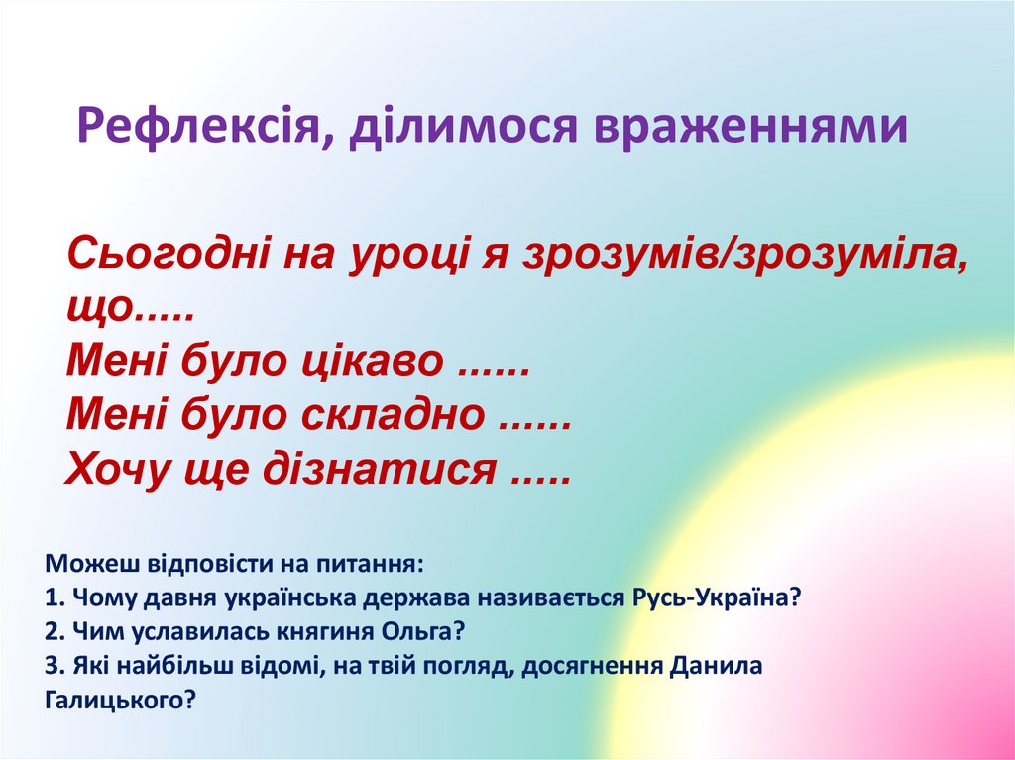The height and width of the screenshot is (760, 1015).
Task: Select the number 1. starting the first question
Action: [54, 598]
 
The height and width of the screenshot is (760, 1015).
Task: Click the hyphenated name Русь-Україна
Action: [713, 598]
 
